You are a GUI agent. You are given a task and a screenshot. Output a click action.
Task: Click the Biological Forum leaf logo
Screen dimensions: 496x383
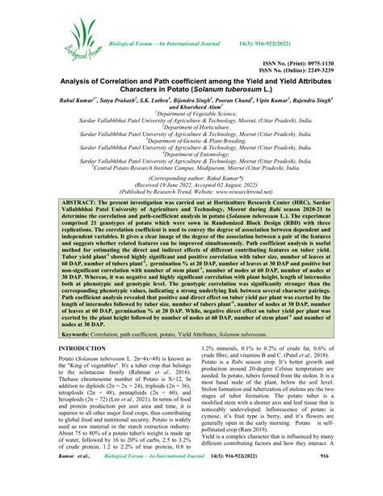pyautogui.click(x=82, y=45)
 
